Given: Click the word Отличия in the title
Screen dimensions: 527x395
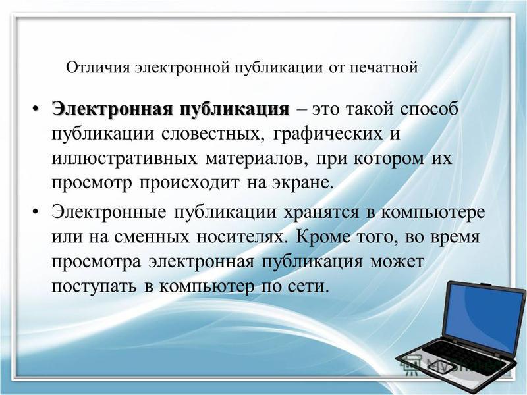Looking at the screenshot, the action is tap(97, 68).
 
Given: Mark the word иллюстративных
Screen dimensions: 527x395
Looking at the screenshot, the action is tap(125, 159).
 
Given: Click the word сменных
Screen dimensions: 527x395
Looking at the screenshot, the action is tap(152, 237).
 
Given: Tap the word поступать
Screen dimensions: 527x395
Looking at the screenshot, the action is tap(94, 286).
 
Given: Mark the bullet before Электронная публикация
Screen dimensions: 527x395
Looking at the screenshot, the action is tap(36, 109).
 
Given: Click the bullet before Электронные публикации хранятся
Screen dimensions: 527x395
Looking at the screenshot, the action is tap(36, 212).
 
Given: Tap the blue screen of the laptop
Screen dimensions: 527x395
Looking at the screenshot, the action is tap(486, 317).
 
